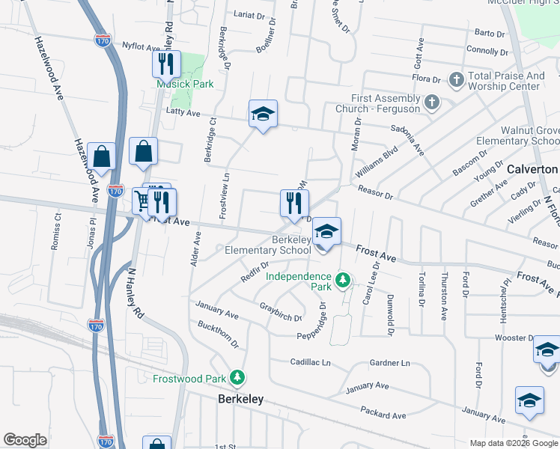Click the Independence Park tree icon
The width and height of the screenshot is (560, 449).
[343, 281]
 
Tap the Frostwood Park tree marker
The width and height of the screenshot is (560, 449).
[237, 378]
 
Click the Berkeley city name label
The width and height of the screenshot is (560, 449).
[240, 399]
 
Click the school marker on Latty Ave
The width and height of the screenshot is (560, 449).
[263, 114]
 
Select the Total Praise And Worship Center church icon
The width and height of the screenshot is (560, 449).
[457, 79]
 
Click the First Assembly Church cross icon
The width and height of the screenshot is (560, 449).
[431, 101]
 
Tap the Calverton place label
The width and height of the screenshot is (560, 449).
[532, 169]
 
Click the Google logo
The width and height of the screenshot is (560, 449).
[25, 440]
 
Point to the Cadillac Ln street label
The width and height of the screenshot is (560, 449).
[311, 362]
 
